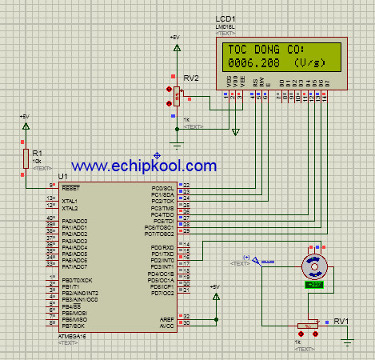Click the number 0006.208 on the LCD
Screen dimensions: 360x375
251,62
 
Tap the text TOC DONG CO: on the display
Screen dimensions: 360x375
261,49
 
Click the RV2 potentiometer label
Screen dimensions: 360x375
191,78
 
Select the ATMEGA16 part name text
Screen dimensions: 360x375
75,337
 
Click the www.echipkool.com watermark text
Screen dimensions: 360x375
144,166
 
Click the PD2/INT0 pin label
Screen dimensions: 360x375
162,261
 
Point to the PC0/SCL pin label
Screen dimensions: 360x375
163,186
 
